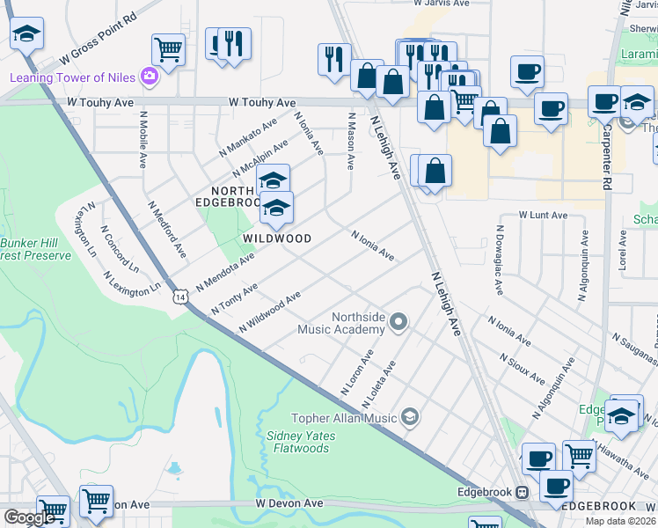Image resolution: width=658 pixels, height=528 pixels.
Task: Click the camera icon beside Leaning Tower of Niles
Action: click(x=148, y=77)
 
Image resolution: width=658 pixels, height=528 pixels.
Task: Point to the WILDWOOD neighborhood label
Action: click(x=277, y=238)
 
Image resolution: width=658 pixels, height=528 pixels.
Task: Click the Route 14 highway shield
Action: click(x=179, y=297)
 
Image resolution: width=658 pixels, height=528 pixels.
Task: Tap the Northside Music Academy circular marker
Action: click(x=398, y=322)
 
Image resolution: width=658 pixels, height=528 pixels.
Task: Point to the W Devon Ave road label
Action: click(x=289, y=503)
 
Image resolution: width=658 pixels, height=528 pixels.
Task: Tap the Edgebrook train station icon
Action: click(x=522, y=492)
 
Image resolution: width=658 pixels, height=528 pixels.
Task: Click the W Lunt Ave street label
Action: click(x=543, y=215)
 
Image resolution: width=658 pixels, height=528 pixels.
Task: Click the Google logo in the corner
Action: click(x=29, y=517)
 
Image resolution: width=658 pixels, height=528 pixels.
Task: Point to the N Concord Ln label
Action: click(x=121, y=250)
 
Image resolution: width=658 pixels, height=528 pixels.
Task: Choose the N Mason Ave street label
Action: click(x=351, y=140)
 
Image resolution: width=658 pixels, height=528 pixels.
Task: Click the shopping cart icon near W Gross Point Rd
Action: click(x=167, y=48)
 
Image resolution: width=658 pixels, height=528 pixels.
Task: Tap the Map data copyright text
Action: click(x=621, y=521)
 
